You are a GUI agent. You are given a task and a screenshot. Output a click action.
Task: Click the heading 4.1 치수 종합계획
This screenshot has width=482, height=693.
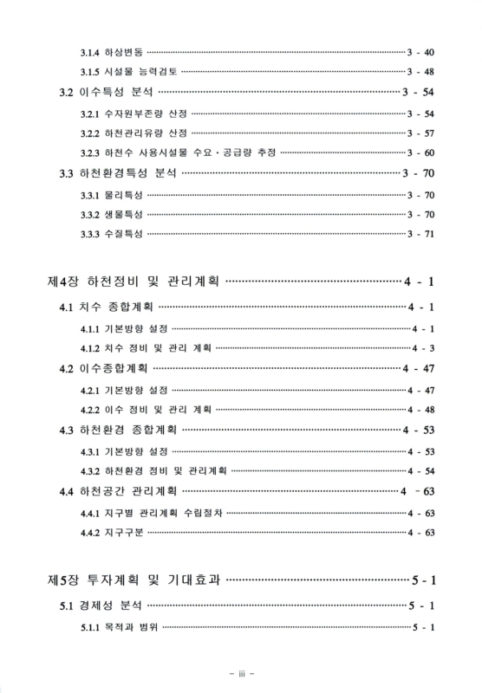tap(101, 307)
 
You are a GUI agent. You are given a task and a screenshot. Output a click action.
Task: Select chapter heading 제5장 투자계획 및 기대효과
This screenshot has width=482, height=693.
tap(133, 579)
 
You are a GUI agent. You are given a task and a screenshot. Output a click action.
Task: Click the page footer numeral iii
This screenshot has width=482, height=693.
tap(240, 671)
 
